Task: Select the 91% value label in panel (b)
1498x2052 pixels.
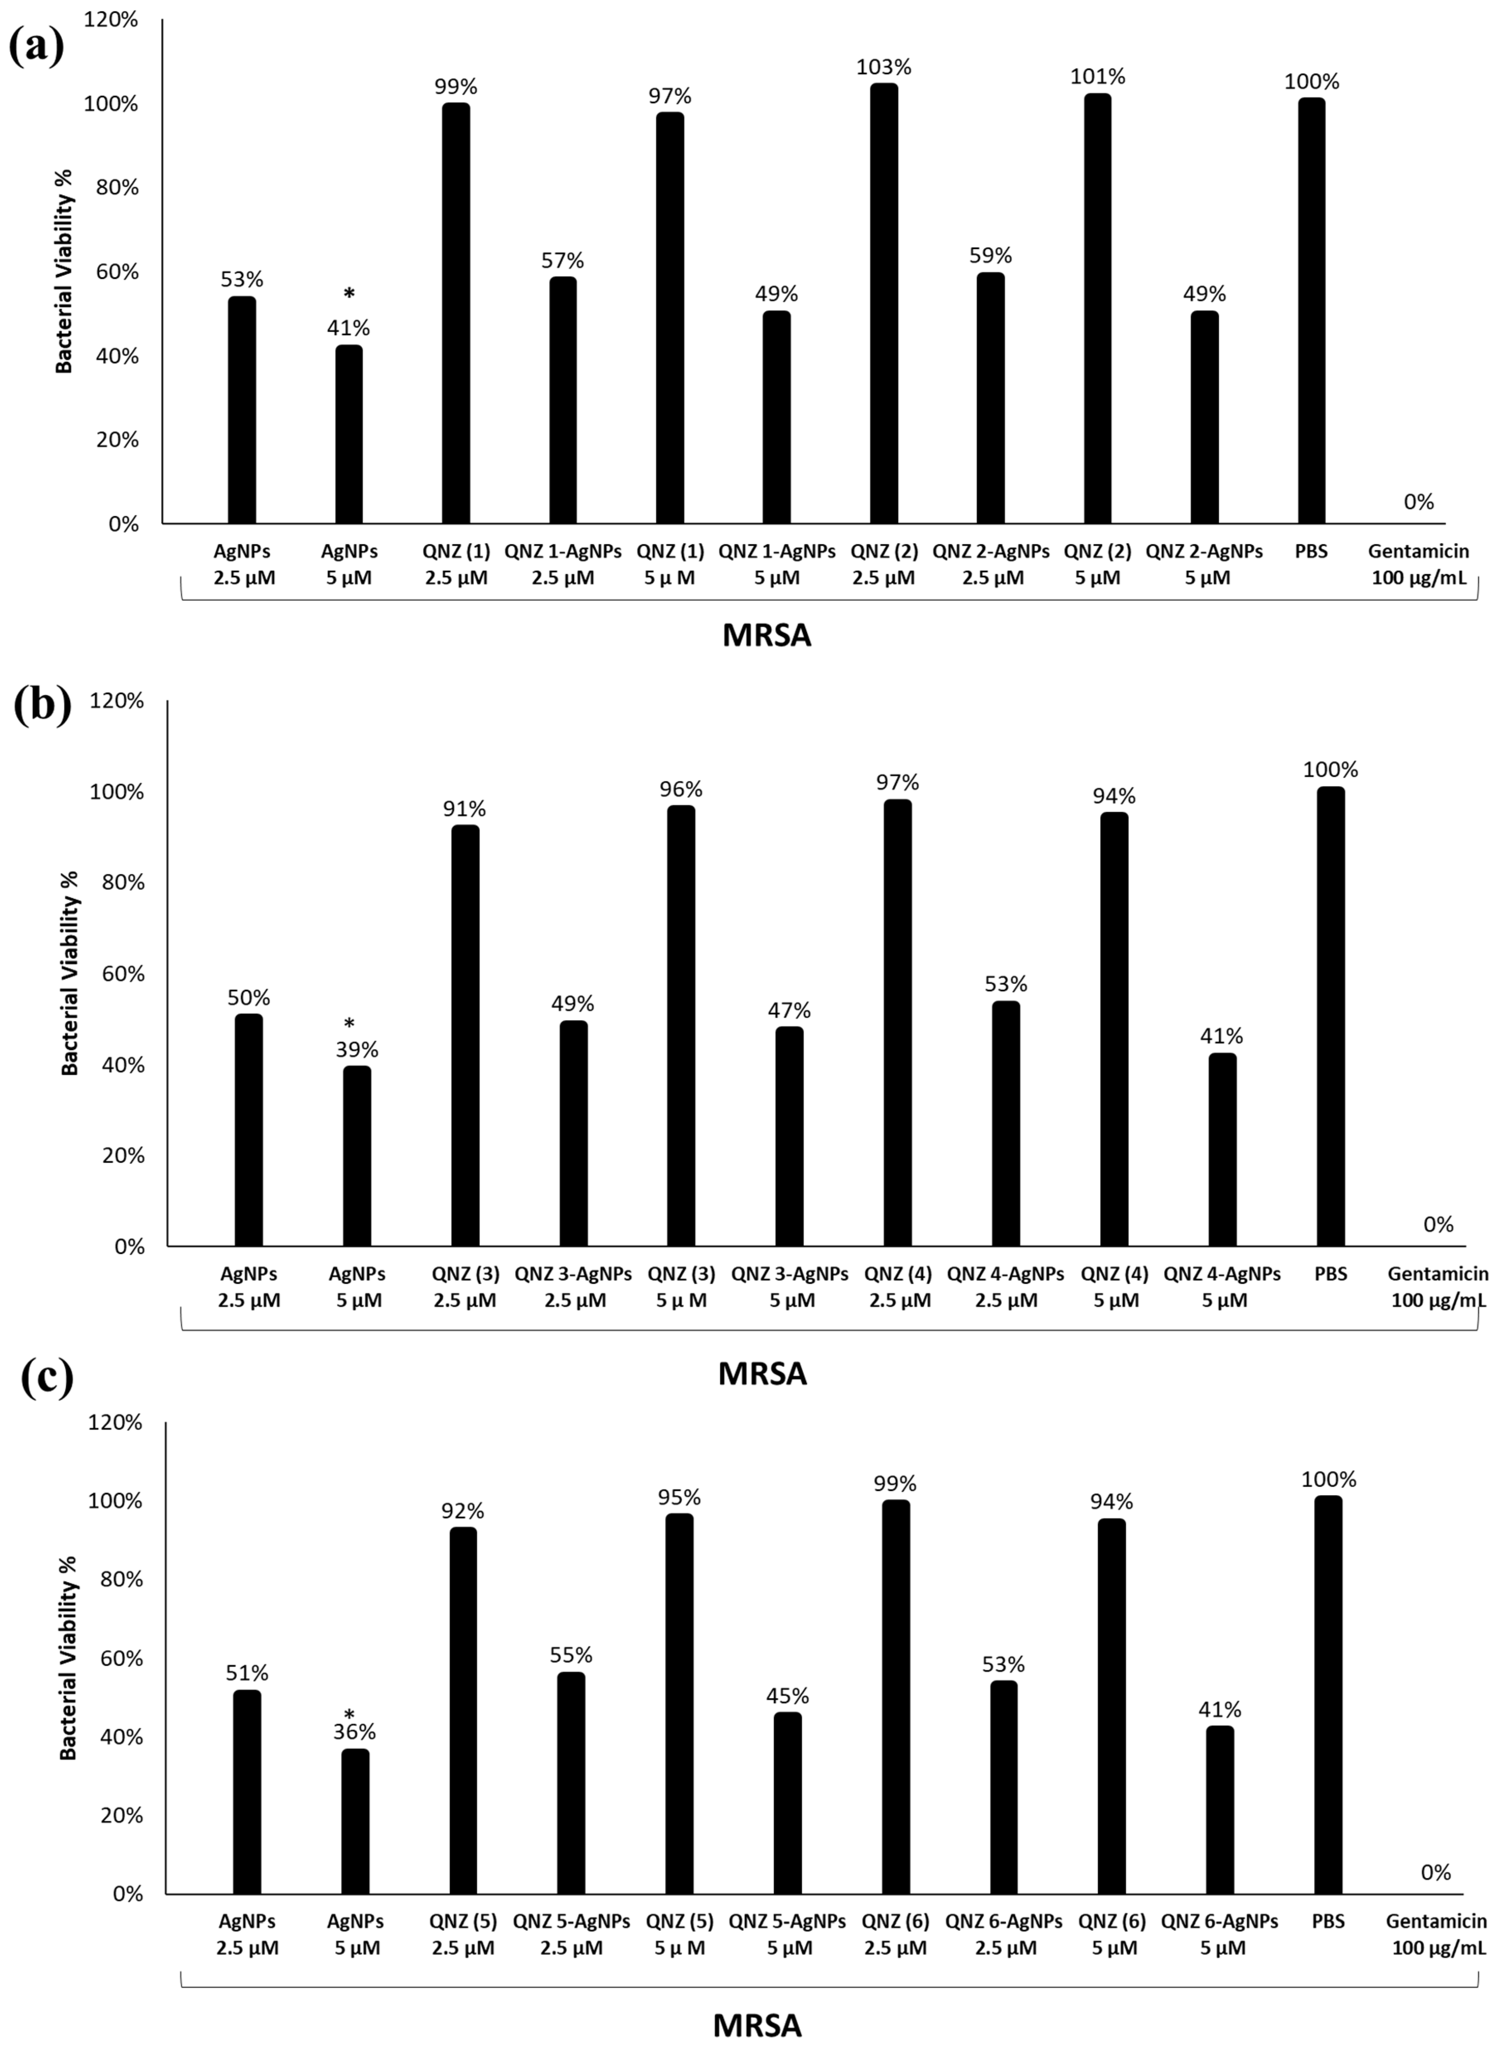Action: pyautogui.click(x=464, y=809)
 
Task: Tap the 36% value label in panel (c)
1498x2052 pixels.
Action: pyautogui.click(x=355, y=1732)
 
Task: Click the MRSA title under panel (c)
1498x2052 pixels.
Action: pyautogui.click(x=757, y=2026)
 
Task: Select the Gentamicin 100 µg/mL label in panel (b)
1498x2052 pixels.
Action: pyautogui.click(x=1437, y=1287)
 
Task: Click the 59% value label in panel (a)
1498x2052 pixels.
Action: pyautogui.click(x=990, y=256)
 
